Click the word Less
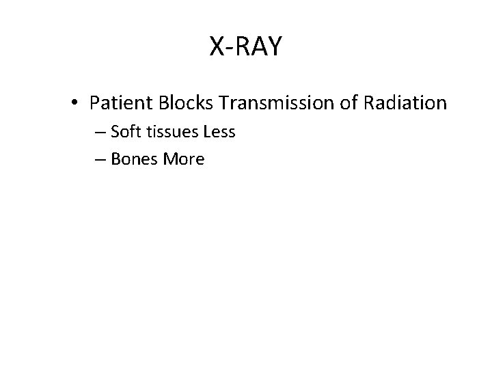[x=219, y=132]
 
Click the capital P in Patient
[x=94, y=103]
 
